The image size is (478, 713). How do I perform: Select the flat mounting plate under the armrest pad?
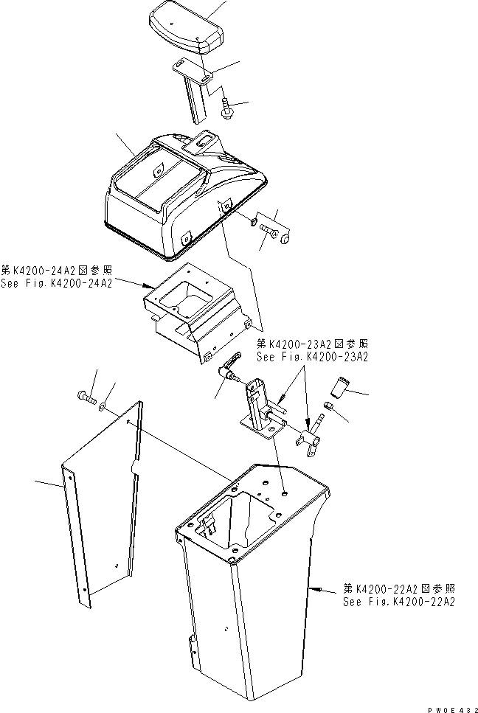(193, 70)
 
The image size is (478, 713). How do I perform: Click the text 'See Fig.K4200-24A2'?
(56, 284)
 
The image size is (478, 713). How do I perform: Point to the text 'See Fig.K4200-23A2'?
(312, 355)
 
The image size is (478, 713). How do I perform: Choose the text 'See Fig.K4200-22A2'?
(399, 601)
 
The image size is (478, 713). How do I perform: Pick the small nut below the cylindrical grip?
(328, 406)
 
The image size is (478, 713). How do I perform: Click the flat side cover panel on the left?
(103, 501)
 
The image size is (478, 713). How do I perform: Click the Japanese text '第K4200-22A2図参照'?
(399, 588)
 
